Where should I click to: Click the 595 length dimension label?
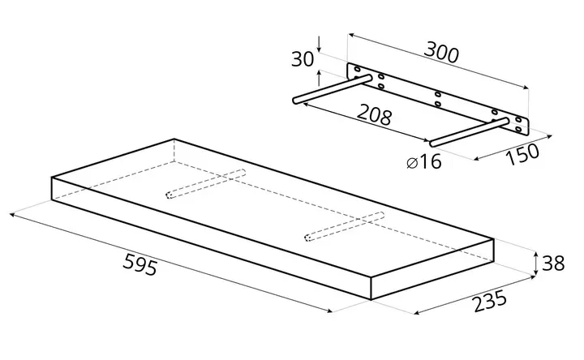coord(140,264)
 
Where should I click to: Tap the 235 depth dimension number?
coord(490,300)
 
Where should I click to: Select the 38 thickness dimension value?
coord(552,264)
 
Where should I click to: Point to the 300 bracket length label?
coord(441,53)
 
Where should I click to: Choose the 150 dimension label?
coord(522,154)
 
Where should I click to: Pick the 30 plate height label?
coord(303,59)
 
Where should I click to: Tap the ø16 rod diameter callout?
coord(424,162)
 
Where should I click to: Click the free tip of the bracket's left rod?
coord(295,101)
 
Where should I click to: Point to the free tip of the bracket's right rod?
coord(433,144)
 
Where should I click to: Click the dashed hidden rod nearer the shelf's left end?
coord(205,184)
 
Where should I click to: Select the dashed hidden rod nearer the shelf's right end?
coord(345,226)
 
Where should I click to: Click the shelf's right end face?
coord(432,269)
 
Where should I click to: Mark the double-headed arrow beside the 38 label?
coord(535,264)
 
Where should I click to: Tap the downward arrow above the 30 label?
coord(320,44)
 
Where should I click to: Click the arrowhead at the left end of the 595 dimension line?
coord(11,214)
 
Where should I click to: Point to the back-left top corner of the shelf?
coord(174,139)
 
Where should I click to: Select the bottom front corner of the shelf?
coord(371,300)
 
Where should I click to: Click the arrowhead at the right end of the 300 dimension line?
coord(526,88)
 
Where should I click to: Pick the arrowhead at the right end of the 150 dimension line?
coord(550,137)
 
